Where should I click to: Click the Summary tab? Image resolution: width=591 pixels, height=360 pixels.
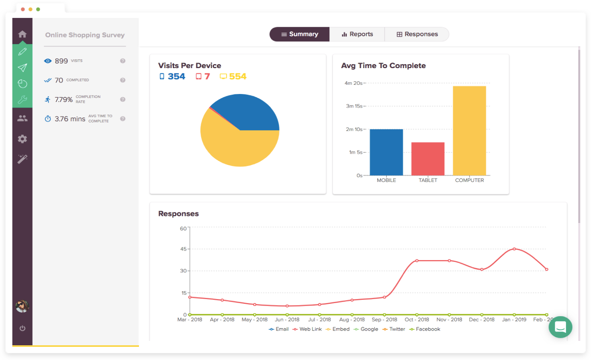(299, 34)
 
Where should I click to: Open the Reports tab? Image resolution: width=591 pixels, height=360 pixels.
(357, 34)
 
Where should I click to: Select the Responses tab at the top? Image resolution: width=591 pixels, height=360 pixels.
(417, 34)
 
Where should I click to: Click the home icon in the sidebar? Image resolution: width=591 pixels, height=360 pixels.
(22, 34)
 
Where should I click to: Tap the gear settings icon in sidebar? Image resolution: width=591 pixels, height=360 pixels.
(22, 139)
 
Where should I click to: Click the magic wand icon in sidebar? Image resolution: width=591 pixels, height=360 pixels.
(22, 159)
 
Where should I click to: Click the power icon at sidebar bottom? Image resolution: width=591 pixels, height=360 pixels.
(22, 328)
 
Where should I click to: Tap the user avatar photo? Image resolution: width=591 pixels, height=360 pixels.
(22, 306)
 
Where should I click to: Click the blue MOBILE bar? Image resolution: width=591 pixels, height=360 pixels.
(386, 152)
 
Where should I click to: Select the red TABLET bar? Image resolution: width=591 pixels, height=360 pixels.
(428, 159)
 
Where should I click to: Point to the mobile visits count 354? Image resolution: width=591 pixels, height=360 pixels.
(176, 76)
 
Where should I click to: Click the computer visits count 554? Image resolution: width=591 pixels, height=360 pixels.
(238, 76)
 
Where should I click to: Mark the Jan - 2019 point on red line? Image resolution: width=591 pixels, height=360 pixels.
(514, 249)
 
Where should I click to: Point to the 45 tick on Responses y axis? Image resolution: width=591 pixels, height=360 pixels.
(183, 249)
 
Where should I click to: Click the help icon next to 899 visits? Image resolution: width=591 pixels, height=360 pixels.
(123, 61)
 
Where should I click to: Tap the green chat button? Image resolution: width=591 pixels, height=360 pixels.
(560, 327)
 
